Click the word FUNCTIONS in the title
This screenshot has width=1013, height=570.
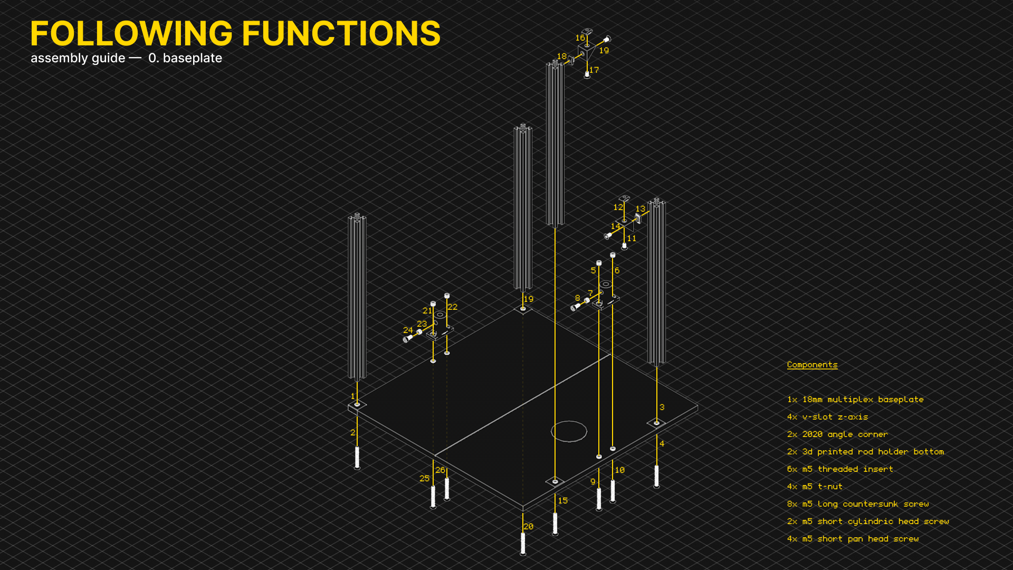[341, 33]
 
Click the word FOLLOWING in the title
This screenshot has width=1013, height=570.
[131, 33]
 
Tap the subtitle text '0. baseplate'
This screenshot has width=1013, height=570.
[185, 58]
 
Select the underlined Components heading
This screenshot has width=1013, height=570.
[812, 365]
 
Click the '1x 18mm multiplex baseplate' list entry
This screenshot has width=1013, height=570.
[855, 400]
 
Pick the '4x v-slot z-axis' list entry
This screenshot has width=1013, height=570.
[827, 417]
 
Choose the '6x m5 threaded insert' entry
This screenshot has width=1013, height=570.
[840, 469]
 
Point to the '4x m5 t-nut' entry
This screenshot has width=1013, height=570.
[815, 487]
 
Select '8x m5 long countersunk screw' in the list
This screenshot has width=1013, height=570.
[858, 504]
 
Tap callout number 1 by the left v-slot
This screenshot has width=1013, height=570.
[353, 396]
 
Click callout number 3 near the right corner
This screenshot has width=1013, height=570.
[662, 407]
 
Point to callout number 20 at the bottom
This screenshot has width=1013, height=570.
[528, 527]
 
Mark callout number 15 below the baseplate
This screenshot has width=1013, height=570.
[563, 501]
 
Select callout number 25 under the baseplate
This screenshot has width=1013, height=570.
[425, 479]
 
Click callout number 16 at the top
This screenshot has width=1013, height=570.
[580, 38]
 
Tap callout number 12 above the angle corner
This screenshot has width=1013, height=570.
[618, 207]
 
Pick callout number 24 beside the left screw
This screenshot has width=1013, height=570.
[408, 330]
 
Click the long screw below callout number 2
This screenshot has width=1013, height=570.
[357, 458]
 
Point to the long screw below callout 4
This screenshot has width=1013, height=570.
[656, 476]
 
